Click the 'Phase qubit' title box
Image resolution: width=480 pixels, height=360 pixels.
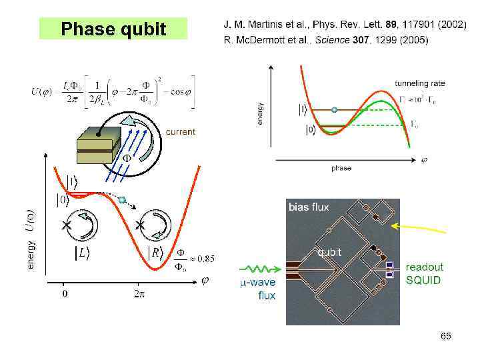click(x=113, y=29)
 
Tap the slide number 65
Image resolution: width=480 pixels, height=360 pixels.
click(x=445, y=337)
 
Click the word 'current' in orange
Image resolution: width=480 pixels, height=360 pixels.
click(x=180, y=132)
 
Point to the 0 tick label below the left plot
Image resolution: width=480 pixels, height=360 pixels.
click(x=65, y=293)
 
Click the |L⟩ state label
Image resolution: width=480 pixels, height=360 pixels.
click(x=82, y=253)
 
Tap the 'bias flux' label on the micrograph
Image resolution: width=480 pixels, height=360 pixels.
click(x=309, y=207)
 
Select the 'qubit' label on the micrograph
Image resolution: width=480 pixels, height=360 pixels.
click(x=330, y=252)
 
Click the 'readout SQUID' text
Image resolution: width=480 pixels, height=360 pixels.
click(x=424, y=273)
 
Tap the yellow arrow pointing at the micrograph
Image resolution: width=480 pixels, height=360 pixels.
click(x=420, y=229)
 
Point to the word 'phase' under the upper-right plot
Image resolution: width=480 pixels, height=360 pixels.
click(x=341, y=168)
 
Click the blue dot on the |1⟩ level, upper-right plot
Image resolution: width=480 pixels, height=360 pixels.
click(x=335, y=109)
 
